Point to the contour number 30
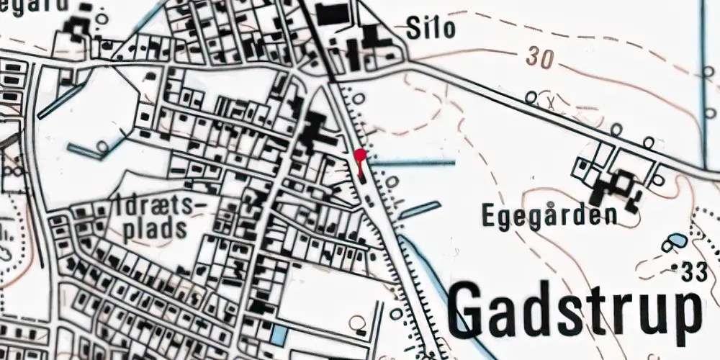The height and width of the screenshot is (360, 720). click(x=539, y=58)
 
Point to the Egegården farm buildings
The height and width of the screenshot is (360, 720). click(x=614, y=189)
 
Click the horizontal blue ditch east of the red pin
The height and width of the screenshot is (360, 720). click(x=414, y=163)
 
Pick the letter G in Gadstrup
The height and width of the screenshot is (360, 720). click(x=472, y=310)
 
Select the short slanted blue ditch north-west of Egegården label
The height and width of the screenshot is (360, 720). click(x=420, y=210)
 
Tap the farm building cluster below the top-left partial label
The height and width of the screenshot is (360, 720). click(x=76, y=29)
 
